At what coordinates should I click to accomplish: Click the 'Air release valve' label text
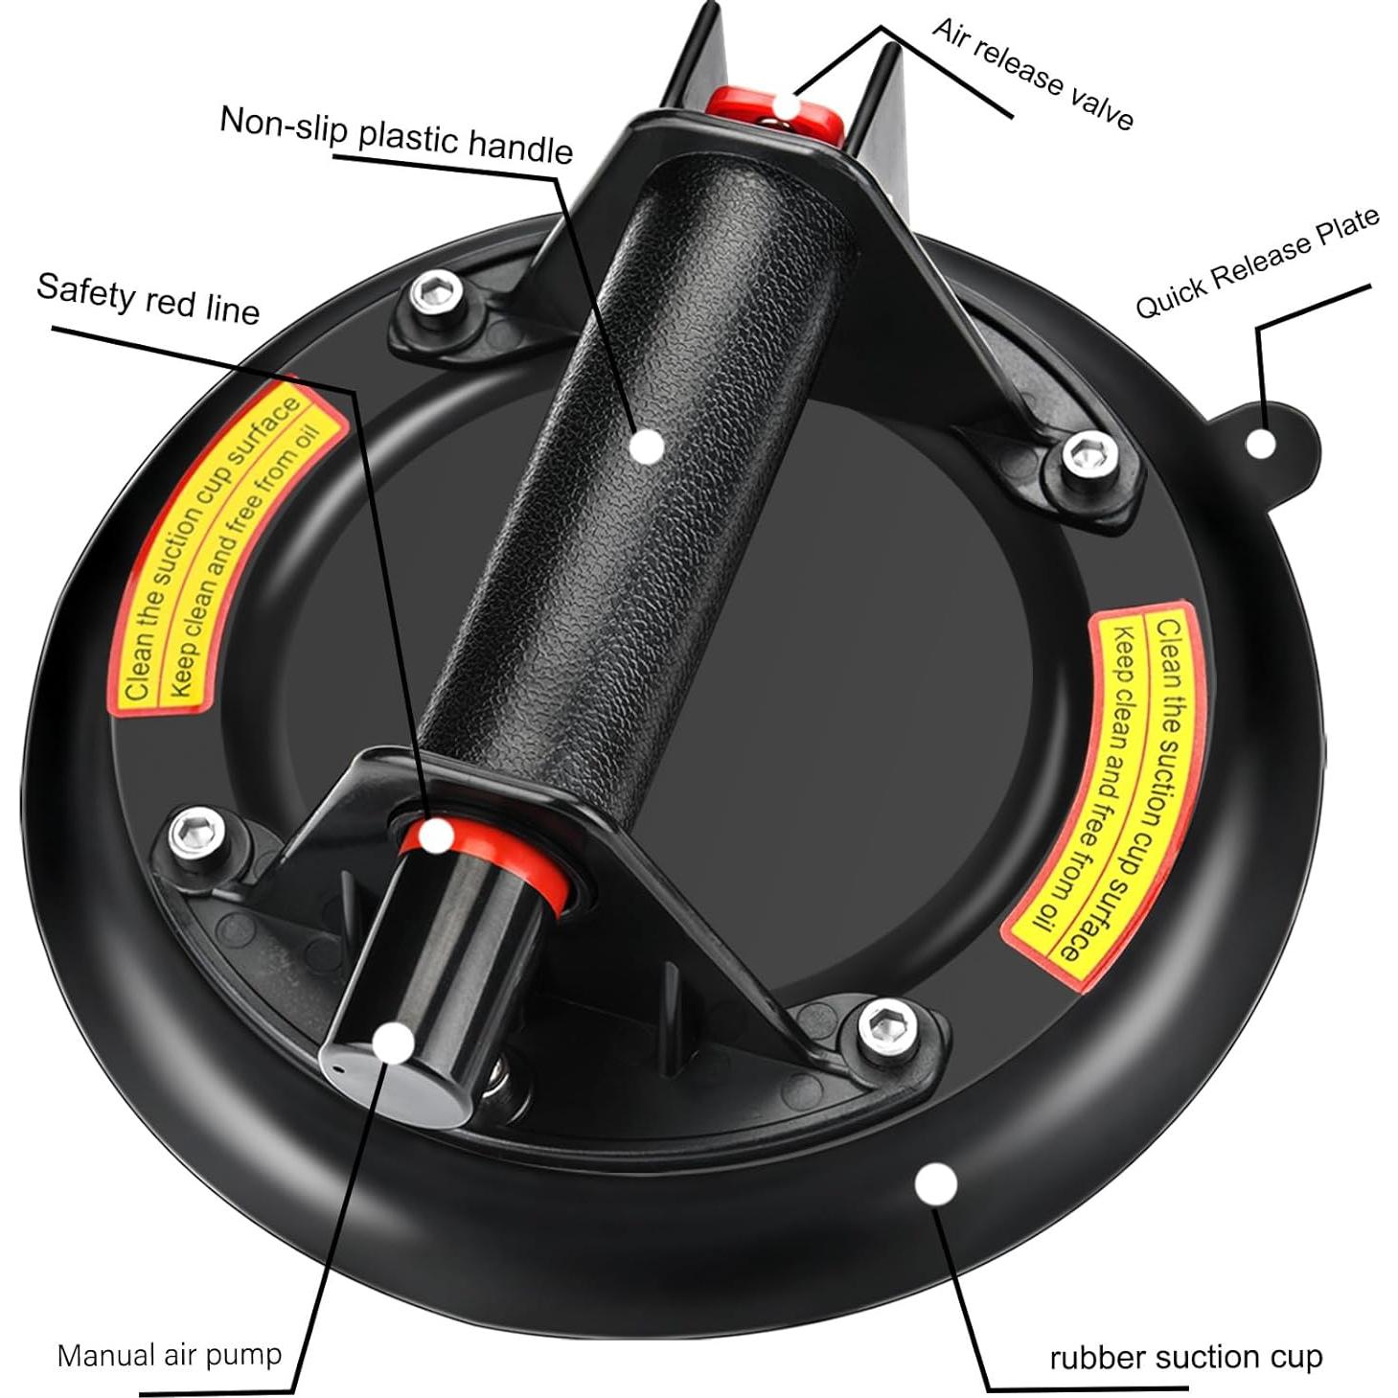1033,73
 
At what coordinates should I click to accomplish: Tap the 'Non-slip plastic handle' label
396,134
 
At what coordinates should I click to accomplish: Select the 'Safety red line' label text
148,298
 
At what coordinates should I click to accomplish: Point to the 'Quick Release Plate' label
1257,263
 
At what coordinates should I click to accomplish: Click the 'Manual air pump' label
170,1354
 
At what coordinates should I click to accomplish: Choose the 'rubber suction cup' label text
1185,1357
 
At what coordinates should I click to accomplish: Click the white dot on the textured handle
649,446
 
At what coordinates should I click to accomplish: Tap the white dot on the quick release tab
1262,443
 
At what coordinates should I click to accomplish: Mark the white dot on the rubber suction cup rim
935,1184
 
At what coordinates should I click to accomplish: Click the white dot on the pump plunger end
393,1043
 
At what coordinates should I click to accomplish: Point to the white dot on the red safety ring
437,836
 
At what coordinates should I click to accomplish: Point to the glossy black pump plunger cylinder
431,968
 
